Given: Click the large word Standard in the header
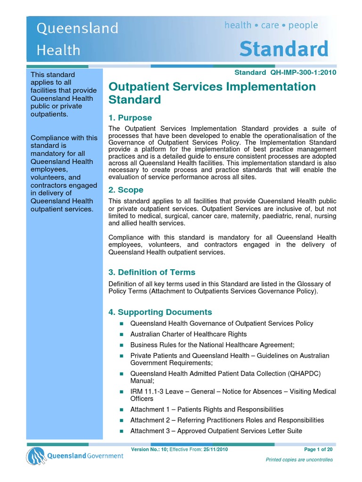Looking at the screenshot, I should pos(284,48).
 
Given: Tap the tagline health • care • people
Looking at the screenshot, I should pos(271,25).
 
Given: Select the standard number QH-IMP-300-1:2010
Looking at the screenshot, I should pos(303,72).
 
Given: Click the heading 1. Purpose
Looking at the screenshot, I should pos(130,118).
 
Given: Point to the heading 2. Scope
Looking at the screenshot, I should pos(126,190).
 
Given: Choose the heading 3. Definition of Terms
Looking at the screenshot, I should pos(152,272).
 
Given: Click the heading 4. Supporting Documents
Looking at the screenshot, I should pos(160,312).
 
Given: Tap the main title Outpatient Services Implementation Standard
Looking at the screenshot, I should pos(212,93).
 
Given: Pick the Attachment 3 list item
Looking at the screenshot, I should pos(216,431).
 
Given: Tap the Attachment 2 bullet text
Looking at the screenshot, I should pos(227,420).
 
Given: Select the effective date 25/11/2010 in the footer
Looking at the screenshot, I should pos(215,450).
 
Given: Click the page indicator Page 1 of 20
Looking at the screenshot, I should pos(318,450).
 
